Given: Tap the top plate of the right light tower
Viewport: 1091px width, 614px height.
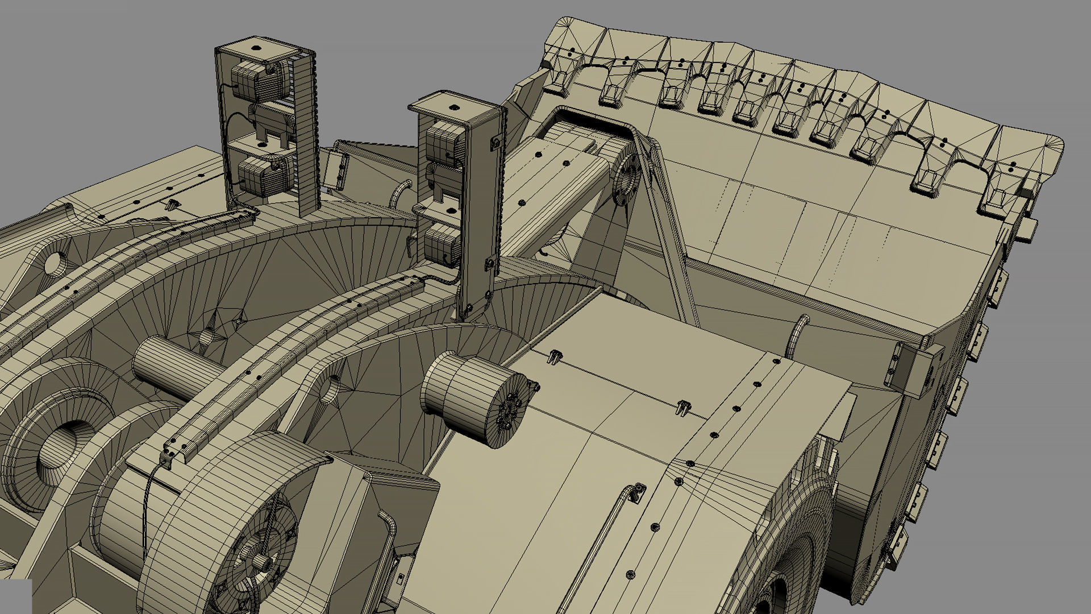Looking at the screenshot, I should pyautogui.click(x=455, y=108).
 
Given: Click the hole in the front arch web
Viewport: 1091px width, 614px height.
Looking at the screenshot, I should pyautogui.click(x=329, y=387).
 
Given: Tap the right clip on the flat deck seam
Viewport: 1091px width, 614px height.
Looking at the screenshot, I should pyautogui.click(x=684, y=406).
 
